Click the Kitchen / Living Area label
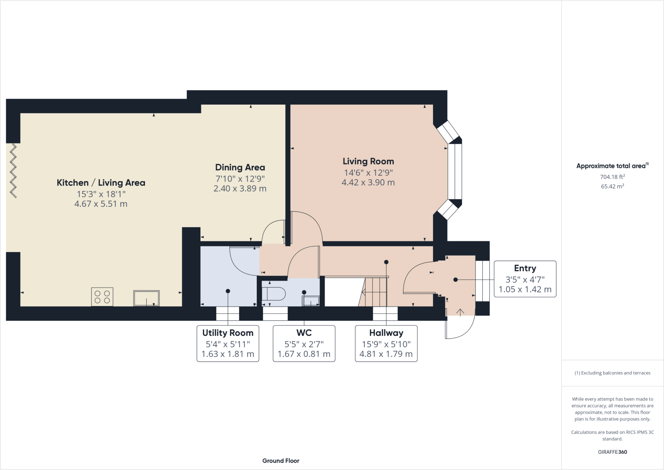point(101,183)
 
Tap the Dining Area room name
point(240,167)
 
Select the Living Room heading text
point(368,161)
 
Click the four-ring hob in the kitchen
point(102,297)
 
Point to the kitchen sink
point(147,298)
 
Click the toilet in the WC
point(273,294)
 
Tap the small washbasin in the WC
point(310,301)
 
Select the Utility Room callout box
point(228,343)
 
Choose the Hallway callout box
point(386,343)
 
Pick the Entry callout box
point(525,279)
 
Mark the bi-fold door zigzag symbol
point(13,170)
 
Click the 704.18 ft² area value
point(612,177)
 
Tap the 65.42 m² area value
point(612,186)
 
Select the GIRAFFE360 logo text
point(612,452)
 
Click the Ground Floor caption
point(281,461)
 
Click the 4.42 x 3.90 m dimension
point(368,182)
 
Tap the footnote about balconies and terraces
point(612,373)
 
